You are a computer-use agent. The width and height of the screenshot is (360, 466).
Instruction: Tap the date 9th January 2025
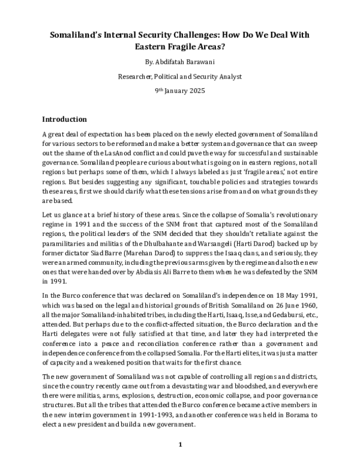click(x=180, y=91)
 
